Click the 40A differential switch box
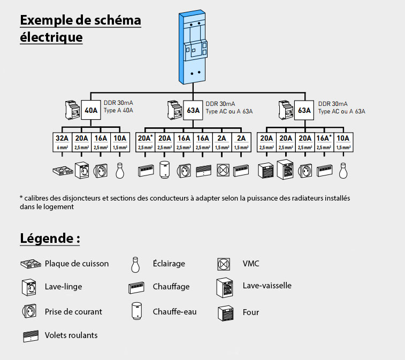(91, 111)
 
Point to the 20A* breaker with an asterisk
(146, 137)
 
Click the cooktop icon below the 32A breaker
(63, 170)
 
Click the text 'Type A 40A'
(118, 111)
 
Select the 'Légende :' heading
(50, 238)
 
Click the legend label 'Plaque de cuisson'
(77, 263)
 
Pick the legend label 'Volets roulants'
(71, 335)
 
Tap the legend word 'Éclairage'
(169, 263)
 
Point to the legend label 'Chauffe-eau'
(174, 311)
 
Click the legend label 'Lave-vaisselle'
(267, 285)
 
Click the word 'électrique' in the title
(51, 37)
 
